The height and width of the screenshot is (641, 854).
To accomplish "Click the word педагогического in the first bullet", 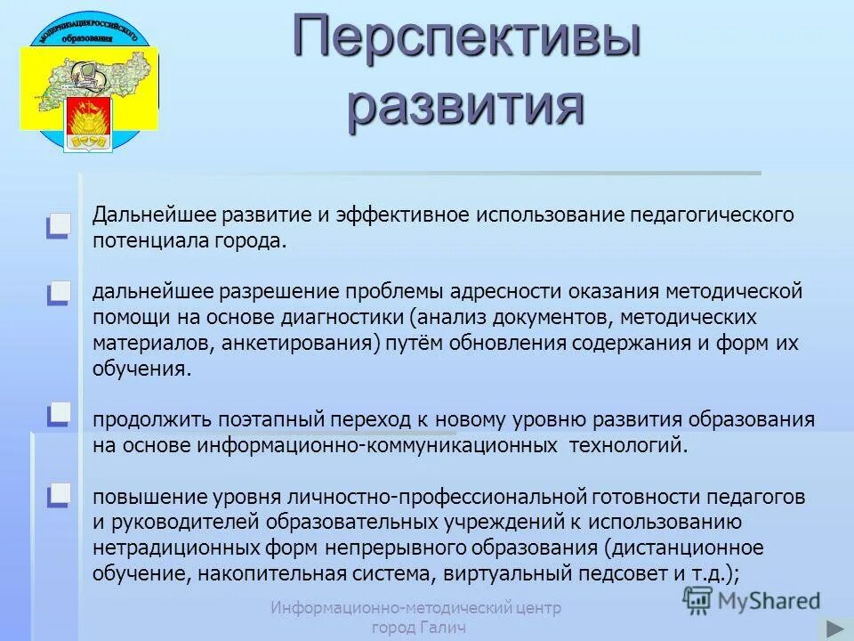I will (712, 216).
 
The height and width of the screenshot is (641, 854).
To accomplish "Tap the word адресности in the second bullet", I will (504, 292).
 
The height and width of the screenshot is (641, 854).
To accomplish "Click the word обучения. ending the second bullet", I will (141, 369).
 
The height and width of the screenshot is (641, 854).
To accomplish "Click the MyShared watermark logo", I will (752, 600).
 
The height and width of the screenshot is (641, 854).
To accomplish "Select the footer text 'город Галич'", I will (417, 629).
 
